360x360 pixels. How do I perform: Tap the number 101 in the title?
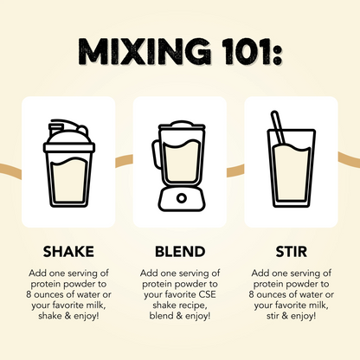[243, 51]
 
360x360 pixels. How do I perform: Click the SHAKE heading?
[68, 252]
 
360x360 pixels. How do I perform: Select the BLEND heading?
[180, 252]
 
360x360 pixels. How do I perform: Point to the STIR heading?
[292, 252]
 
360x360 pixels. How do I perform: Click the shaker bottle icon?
[69, 163]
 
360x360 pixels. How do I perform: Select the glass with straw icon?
[292, 159]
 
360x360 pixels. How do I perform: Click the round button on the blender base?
[182, 198]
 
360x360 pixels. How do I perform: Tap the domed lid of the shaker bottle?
[69, 136]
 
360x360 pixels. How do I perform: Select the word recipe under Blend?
[193, 305]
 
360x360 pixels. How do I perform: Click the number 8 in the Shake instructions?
[29, 294]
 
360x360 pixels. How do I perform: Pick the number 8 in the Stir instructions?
[252, 294]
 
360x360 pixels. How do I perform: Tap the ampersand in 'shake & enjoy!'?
[67, 316]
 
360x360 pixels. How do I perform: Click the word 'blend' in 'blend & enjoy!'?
[161, 316]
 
